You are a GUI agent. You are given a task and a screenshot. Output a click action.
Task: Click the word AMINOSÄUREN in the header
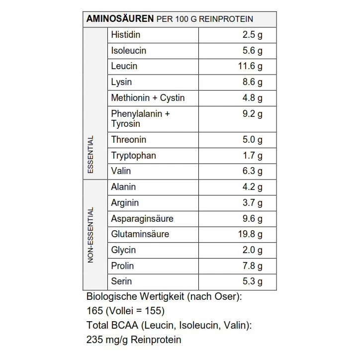(x=120, y=19)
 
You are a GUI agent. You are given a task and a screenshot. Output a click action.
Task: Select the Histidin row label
(x=126, y=35)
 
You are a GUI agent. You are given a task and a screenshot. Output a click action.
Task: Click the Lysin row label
(x=121, y=82)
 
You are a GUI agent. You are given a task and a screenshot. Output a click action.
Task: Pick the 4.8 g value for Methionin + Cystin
(x=253, y=98)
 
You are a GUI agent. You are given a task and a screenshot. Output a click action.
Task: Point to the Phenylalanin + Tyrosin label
(x=140, y=119)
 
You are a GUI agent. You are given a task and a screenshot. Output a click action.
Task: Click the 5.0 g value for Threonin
(x=253, y=140)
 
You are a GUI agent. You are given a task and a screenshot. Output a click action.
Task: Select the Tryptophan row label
(x=133, y=156)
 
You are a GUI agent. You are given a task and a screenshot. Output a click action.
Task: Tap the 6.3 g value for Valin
(x=253, y=171)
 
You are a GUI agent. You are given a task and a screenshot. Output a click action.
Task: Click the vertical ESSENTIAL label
(x=90, y=155)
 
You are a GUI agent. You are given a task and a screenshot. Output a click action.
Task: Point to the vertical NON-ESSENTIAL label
(x=90, y=235)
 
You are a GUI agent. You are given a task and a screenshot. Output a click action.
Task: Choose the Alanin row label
(x=123, y=187)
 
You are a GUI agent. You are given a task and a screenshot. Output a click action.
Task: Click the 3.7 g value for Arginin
(x=253, y=203)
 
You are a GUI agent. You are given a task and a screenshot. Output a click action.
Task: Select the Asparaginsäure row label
(x=142, y=219)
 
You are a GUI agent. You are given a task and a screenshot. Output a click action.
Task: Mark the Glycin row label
(x=123, y=250)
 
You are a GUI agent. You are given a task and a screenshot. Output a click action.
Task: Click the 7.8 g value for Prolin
(x=253, y=266)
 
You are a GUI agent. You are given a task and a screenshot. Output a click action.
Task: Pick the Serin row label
(x=121, y=281)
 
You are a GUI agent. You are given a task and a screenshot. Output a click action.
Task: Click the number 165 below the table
(x=94, y=311)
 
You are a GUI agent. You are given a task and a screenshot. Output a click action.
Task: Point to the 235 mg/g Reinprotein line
(x=134, y=340)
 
